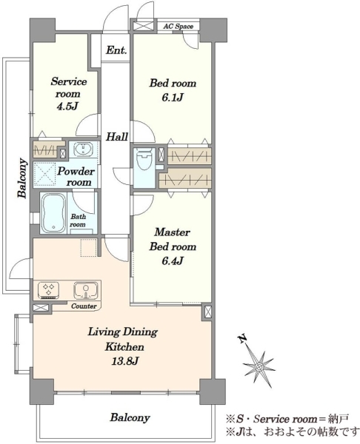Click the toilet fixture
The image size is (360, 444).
tap(144, 159)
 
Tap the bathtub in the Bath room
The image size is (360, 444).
tap(53, 213)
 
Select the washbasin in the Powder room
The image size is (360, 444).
tap(83, 149)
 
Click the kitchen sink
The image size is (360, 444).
tap(86, 291)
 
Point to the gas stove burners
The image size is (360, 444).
tap(48, 290)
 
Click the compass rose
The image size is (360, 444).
tap(259, 367)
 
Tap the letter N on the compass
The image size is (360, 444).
tap(241, 339)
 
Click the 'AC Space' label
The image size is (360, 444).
tap(179, 27)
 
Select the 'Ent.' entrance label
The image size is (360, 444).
tap(116, 50)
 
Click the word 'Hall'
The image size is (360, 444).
tap(117, 137)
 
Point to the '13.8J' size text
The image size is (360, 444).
tap(124, 361)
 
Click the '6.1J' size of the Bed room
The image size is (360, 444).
tap(173, 98)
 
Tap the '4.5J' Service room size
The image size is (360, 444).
tap(67, 106)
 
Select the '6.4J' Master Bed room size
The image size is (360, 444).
tap(173, 260)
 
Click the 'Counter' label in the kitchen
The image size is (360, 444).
tap(84, 306)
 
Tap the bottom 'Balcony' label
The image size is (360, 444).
tap(130, 417)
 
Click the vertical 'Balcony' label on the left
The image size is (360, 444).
tap(22, 178)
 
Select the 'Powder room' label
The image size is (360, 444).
tap(76, 177)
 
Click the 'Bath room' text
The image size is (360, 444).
tap(78, 221)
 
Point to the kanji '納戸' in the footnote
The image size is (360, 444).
tap(339, 419)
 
